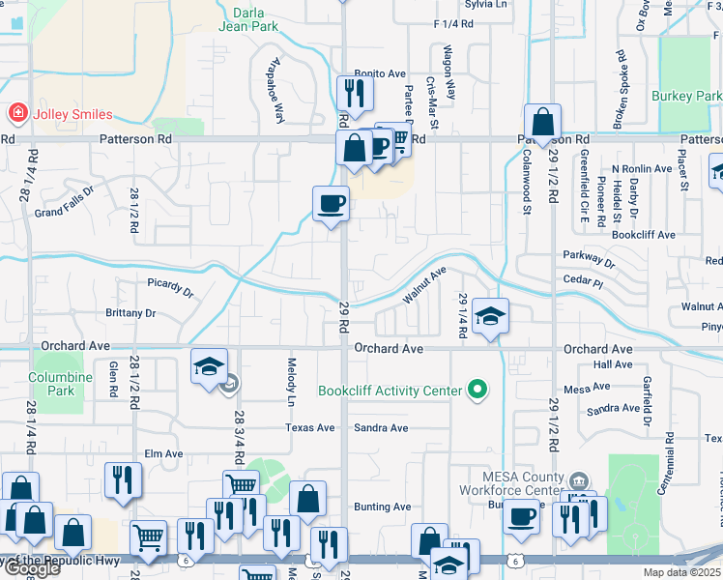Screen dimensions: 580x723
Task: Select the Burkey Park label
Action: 686,97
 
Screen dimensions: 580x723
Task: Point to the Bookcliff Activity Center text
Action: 390,391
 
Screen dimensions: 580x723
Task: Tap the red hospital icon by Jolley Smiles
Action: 16,114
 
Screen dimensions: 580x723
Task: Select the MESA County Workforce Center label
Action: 522,483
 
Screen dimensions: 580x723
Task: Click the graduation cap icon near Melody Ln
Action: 209,366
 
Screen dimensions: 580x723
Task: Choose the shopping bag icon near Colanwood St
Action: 543,121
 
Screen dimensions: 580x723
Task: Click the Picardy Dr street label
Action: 171,288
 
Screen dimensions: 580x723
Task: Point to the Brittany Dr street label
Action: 130,313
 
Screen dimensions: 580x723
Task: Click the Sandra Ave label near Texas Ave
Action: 382,427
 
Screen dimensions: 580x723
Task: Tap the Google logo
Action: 32,569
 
